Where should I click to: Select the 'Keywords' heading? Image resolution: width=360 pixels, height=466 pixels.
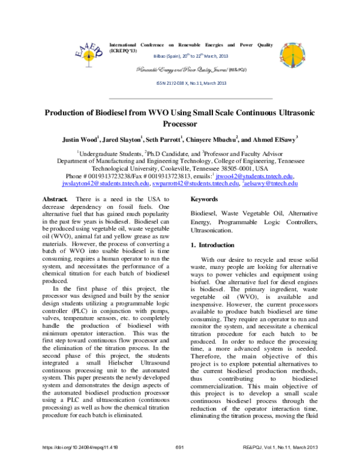pyautogui.click(x=205, y=198)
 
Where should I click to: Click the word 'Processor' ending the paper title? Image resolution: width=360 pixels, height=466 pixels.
pyautogui.click(x=180, y=126)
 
